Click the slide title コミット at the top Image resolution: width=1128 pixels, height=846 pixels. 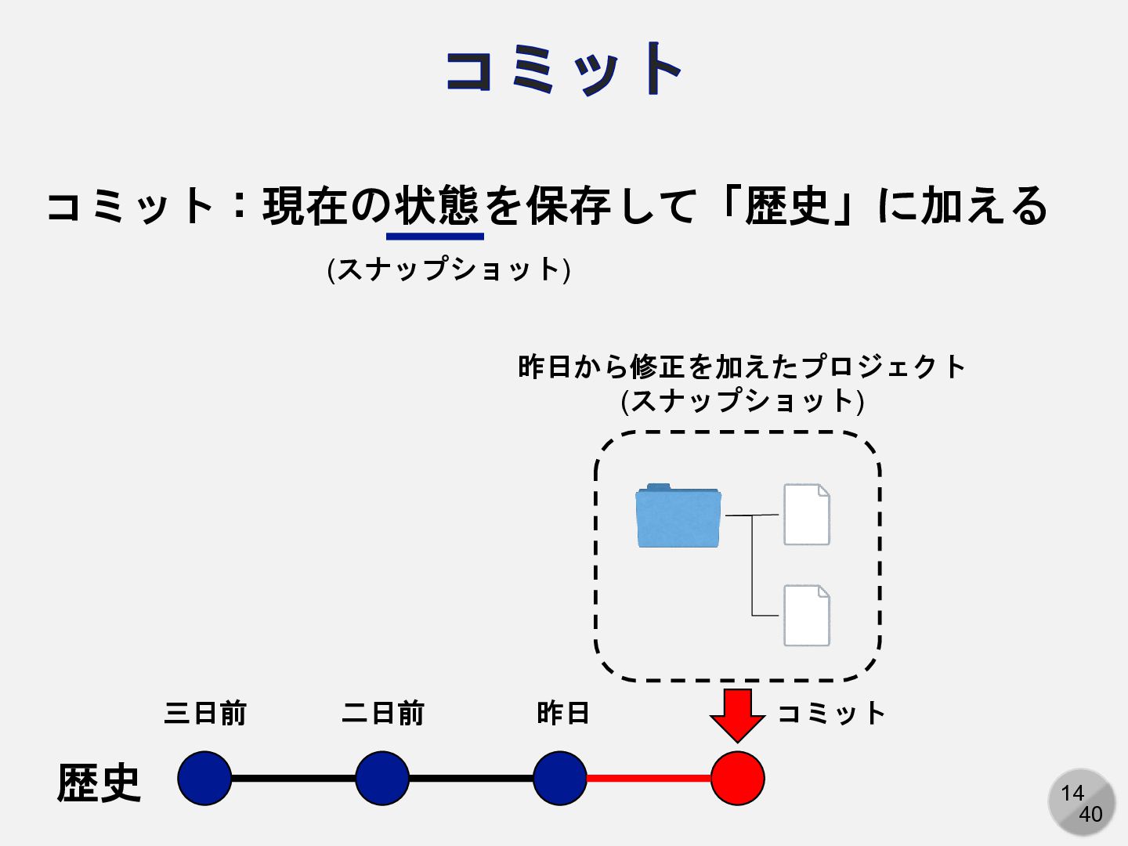(563, 70)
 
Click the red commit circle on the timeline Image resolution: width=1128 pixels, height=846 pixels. (737, 778)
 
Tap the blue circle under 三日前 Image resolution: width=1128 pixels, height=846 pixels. (204, 778)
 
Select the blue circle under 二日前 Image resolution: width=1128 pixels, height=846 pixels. (382, 778)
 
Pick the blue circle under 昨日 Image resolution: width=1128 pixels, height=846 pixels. (560, 778)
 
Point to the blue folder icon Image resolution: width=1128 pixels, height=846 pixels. (678, 515)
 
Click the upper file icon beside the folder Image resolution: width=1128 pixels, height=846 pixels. (807, 515)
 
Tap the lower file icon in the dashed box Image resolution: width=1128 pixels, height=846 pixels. (807, 616)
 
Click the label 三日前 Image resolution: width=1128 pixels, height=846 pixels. (205, 713)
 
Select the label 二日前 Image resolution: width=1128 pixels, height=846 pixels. (383, 713)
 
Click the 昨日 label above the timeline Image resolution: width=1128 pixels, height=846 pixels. (562, 713)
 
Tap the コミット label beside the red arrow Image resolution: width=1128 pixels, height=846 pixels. (831, 713)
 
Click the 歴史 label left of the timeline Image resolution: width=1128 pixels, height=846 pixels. (99, 782)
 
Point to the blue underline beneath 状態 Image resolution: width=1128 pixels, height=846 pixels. (435, 235)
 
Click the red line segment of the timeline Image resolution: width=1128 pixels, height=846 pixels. (649, 778)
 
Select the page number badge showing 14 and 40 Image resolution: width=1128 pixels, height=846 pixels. (1082, 802)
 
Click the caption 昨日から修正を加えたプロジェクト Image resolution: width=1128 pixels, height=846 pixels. (742, 367)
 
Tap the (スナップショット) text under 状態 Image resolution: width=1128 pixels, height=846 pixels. (449, 269)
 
